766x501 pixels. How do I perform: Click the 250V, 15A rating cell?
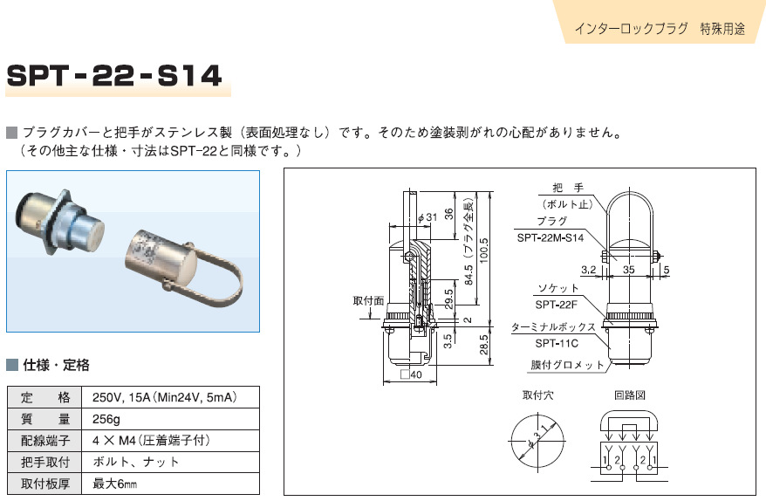tap(164, 397)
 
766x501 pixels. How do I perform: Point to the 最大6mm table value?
tap(115, 483)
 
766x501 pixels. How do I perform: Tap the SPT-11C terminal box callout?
tap(557, 344)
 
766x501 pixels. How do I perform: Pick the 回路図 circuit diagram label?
tap(628, 395)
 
